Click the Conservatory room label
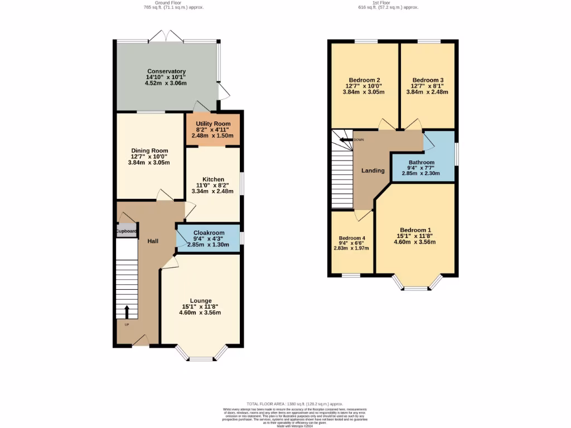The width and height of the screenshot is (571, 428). (x=166, y=71)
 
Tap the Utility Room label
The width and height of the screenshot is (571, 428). (x=213, y=123)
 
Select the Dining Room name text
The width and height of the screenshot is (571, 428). (x=149, y=150)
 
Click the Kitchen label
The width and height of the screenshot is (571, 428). (x=213, y=179)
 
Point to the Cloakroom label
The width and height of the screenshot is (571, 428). (x=209, y=233)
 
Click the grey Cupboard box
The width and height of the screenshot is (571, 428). (x=126, y=231)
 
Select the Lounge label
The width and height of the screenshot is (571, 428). (x=200, y=300)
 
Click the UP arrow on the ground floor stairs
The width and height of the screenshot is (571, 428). (x=126, y=312)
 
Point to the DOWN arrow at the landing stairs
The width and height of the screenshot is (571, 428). (x=347, y=139)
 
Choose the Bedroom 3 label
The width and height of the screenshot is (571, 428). (x=427, y=80)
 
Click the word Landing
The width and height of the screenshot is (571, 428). (x=372, y=171)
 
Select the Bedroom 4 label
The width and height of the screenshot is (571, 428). (x=351, y=238)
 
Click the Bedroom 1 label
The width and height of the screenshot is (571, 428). (x=415, y=230)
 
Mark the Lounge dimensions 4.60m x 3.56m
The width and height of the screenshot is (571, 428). (x=200, y=313)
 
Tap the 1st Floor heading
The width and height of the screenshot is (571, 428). (x=388, y=2)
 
